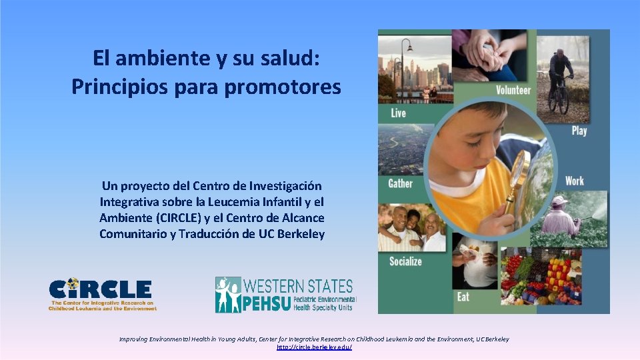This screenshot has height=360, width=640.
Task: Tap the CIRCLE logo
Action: pyautogui.click(x=101, y=294)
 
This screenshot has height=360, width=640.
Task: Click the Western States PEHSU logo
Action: pyautogui.click(x=285, y=295)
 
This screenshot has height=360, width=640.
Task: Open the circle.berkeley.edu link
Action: pyautogui.click(x=314, y=347)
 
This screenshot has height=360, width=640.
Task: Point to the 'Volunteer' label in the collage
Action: pyautogui.click(x=513, y=91)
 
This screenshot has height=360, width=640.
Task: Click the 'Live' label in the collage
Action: pyautogui.click(x=398, y=113)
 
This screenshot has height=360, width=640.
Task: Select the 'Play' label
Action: pyautogui.click(x=579, y=131)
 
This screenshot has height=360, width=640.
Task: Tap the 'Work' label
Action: pyautogui.click(x=574, y=181)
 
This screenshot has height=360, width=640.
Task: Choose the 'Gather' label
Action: pyautogui.click(x=400, y=183)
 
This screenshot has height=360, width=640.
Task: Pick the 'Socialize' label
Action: pyautogui.click(x=405, y=261)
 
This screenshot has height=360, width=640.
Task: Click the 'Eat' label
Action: pyautogui.click(x=463, y=297)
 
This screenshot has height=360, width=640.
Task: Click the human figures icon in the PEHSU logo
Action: pyautogui.click(x=229, y=295)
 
